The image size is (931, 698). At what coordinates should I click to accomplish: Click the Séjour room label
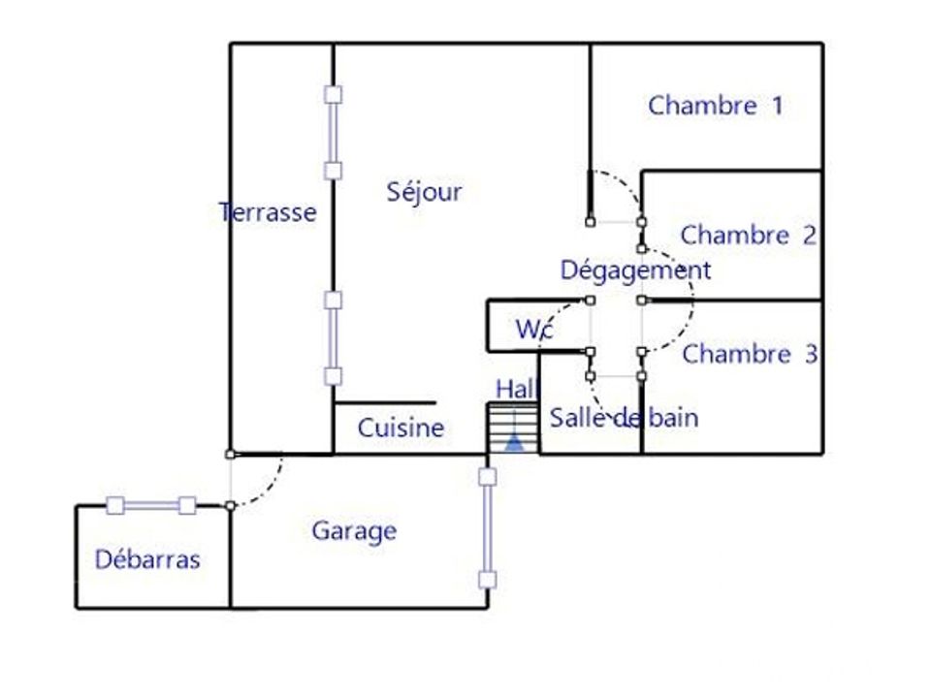(424, 192)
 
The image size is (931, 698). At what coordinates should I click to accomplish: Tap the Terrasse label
(268, 212)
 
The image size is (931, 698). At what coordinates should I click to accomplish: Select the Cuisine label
(401, 428)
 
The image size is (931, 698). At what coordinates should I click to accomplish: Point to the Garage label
(355, 531)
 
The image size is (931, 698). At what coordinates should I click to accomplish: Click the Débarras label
(147, 559)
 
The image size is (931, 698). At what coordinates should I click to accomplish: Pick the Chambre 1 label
(716, 106)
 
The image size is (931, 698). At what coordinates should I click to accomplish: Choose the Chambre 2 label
(748, 235)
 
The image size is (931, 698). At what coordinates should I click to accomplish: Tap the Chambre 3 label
(750, 355)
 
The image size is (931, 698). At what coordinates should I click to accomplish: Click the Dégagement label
(635, 270)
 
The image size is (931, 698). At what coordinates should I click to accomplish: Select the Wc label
(535, 329)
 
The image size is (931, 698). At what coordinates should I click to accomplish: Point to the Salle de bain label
(624, 417)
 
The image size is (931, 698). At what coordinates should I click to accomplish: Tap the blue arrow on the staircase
(514, 442)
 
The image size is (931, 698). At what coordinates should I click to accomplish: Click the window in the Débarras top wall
(151, 506)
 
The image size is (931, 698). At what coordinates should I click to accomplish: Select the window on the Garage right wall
(488, 528)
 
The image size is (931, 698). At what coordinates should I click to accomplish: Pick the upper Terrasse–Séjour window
(333, 133)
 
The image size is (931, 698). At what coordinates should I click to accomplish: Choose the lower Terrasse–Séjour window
(333, 338)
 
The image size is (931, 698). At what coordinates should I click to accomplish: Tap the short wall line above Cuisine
(385, 403)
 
